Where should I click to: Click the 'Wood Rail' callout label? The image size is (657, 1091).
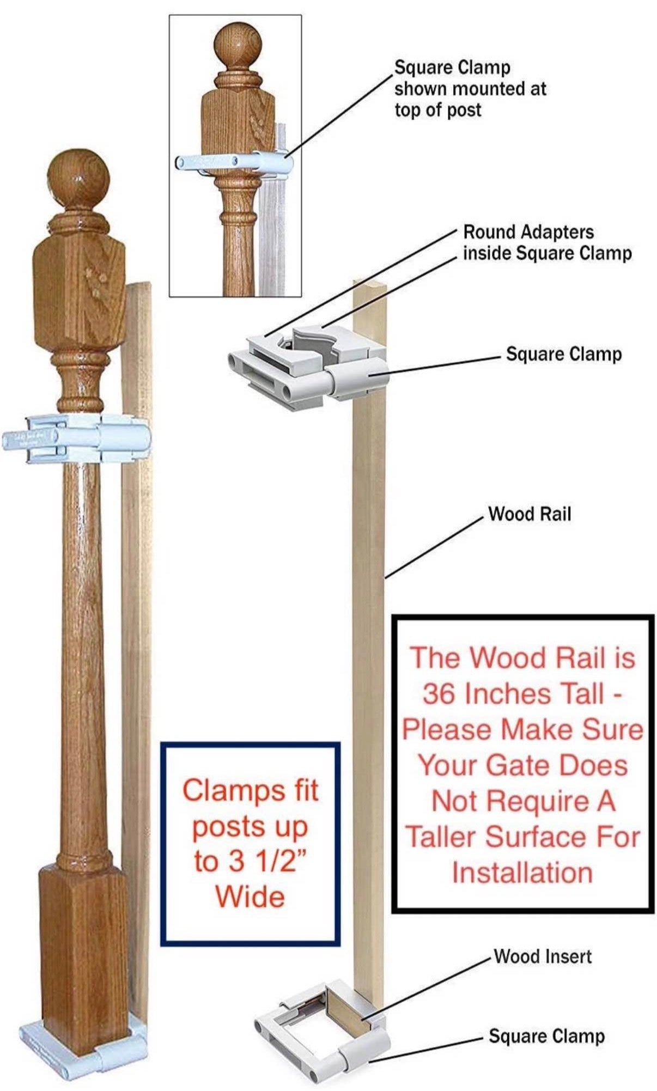pos(530,513)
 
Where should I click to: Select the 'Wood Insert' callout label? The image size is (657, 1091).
pos(543,956)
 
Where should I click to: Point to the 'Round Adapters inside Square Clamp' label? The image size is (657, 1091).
pos(547,242)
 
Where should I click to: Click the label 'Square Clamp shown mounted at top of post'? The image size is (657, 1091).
pos(470,88)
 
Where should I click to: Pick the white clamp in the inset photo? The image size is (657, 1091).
pos(234,162)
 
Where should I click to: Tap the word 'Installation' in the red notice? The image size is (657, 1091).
pos(522,873)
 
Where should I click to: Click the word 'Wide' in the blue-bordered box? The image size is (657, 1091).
pos(250,895)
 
